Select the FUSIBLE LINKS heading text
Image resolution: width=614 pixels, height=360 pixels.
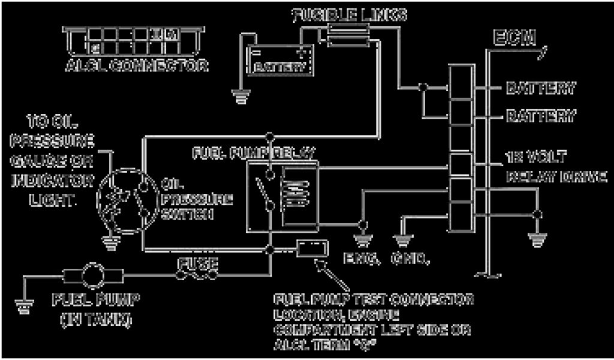(349, 15)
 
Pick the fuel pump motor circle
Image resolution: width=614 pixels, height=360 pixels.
(94, 277)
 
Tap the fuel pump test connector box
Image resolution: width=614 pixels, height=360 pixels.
(312, 248)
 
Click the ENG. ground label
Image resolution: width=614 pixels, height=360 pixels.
(362, 259)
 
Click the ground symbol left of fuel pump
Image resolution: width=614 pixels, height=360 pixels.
(24, 306)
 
